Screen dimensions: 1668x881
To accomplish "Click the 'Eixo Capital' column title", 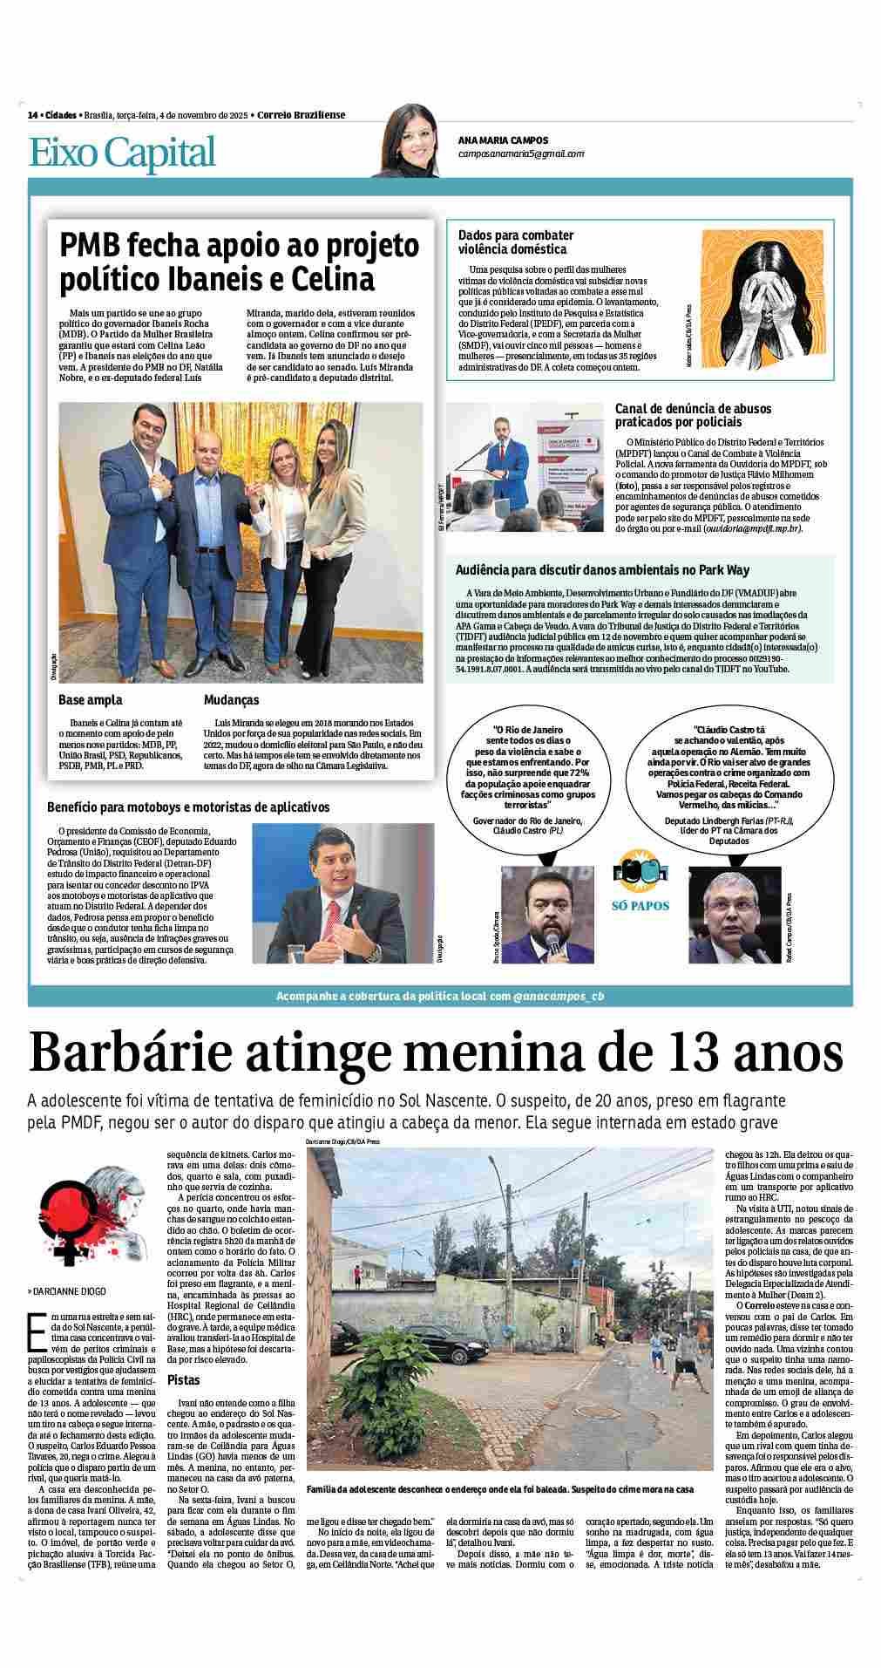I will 122,153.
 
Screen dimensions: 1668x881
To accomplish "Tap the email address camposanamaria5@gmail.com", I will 521,153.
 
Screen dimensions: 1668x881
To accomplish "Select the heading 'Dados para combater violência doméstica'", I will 516,242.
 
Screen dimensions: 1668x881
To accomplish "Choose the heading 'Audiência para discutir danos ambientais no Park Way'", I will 602,569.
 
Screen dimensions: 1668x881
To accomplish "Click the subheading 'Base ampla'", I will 91,699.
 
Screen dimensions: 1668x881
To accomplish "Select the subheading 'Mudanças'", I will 231,699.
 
